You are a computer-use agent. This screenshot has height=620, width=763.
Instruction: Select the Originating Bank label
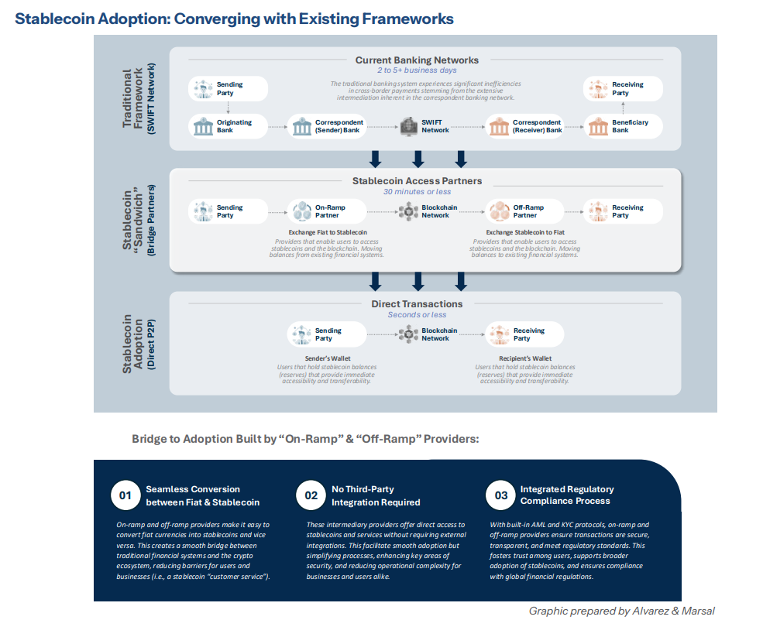point(235,126)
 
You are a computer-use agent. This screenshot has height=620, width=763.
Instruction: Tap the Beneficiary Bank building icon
point(596,126)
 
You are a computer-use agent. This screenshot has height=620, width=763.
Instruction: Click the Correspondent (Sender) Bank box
point(326,126)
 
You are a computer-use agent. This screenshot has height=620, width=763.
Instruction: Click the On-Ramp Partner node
point(326,211)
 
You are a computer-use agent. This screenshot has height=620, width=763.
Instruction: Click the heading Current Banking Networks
point(417,60)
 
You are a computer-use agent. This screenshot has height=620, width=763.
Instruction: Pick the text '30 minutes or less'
point(417,192)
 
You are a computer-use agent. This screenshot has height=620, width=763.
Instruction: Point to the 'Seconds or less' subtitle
point(417,315)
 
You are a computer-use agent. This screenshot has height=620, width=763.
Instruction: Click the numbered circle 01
point(124,495)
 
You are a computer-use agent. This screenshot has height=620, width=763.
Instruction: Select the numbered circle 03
point(500,495)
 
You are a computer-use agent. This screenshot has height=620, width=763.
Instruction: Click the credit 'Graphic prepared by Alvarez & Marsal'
point(621,611)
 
